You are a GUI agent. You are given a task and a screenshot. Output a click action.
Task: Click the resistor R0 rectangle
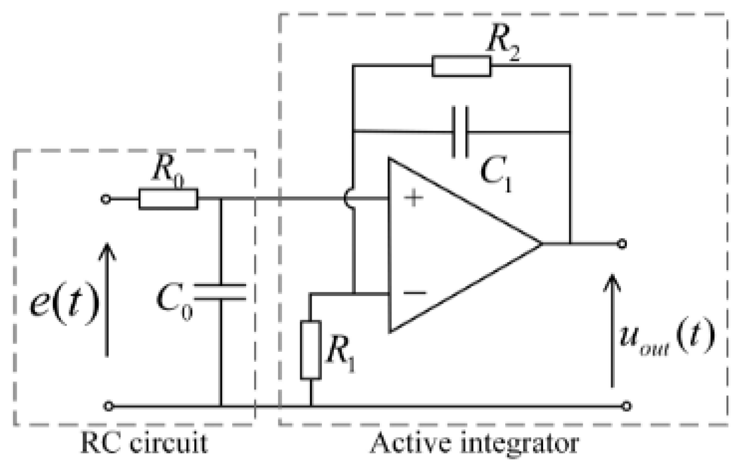(168, 199)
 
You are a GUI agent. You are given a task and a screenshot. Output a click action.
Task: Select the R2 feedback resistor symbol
(461, 66)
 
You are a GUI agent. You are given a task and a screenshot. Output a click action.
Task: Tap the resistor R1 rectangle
(311, 350)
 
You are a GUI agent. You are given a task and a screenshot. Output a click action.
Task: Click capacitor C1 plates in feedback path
(460, 132)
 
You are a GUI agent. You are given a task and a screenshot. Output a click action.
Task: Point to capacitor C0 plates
(221, 292)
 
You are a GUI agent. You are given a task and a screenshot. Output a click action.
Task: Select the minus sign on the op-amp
(415, 292)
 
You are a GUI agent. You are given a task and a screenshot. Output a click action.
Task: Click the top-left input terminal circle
(106, 199)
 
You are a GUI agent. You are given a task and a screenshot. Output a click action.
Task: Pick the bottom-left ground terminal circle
(109, 406)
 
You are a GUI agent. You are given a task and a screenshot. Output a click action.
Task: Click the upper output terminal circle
(622, 244)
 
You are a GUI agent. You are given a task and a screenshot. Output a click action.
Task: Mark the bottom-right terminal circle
(626, 406)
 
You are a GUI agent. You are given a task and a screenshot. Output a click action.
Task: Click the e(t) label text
(65, 302)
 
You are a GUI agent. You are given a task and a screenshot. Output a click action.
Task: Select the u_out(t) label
(666, 336)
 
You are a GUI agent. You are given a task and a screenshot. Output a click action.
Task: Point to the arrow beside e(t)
(107, 299)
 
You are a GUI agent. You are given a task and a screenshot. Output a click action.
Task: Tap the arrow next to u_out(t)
(612, 331)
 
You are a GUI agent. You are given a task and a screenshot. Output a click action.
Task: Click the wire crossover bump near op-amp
(349, 198)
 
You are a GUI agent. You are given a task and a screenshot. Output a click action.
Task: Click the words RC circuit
(144, 443)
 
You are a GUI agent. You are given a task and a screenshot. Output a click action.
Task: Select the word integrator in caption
(520, 443)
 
